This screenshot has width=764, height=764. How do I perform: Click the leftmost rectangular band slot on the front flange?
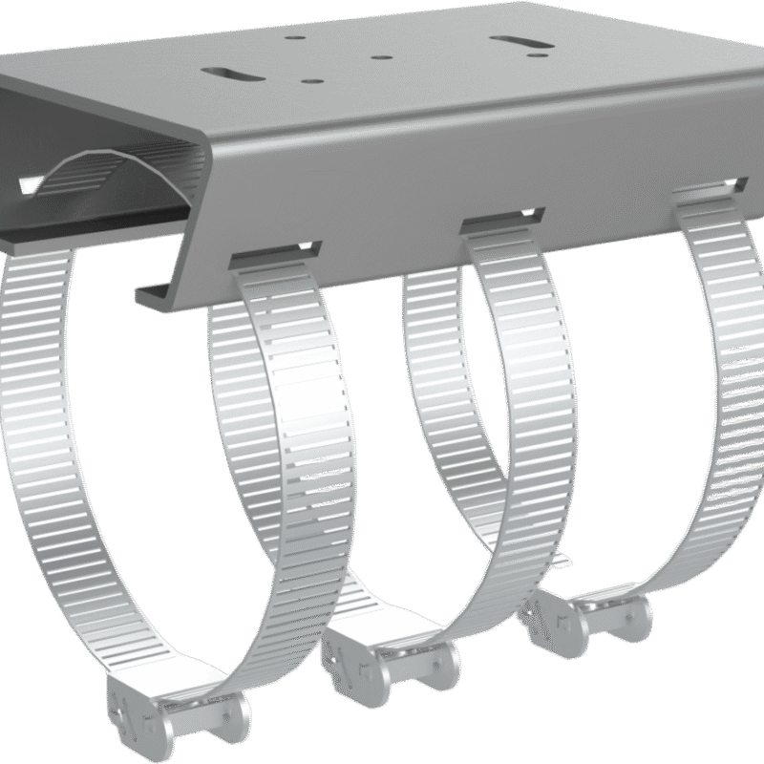275,252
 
